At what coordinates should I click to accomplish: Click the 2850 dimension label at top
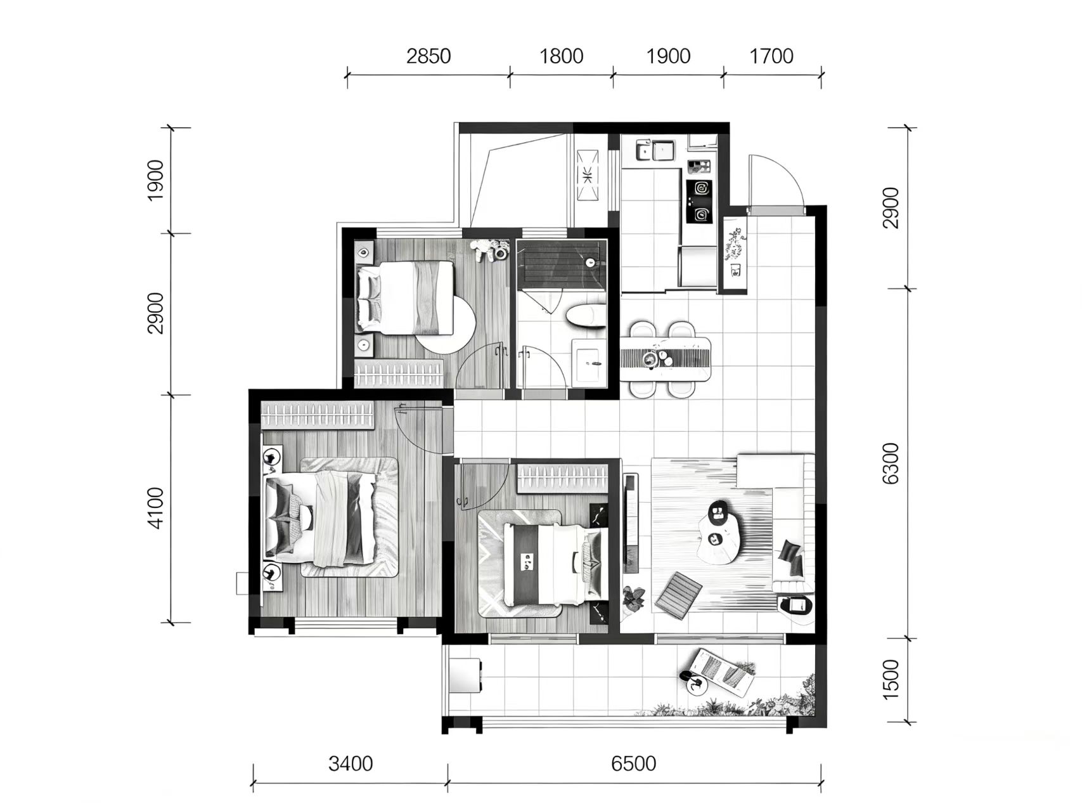point(428,56)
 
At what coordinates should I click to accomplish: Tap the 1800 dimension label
point(561,56)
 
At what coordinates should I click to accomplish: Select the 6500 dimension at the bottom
point(634,763)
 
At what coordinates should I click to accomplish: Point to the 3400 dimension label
point(351,763)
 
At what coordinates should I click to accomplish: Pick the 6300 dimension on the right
point(891,464)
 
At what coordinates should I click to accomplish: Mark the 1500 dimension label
point(891,679)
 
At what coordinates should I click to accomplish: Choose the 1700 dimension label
point(771,56)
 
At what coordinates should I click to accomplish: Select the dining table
point(665,359)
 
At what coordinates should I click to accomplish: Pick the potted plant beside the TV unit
point(634,599)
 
